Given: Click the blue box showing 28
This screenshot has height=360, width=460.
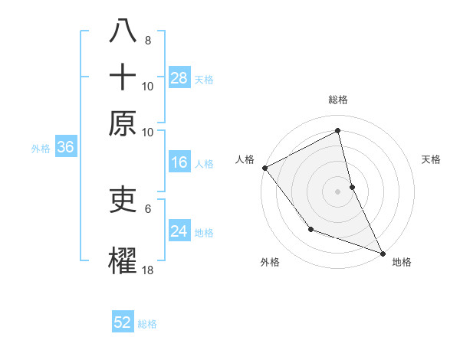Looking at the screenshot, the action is pyautogui.click(x=179, y=77).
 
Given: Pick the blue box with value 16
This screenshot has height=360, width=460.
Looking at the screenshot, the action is pyautogui.click(x=179, y=162).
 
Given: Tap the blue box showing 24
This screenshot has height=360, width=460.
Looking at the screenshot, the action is pyautogui.click(x=179, y=231).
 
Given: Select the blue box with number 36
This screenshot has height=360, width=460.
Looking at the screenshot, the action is pyautogui.click(x=65, y=148).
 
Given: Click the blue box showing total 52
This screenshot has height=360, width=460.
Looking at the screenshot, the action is pyautogui.click(x=123, y=322).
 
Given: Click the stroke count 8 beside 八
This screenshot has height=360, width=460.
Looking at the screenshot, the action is pyautogui.click(x=147, y=41).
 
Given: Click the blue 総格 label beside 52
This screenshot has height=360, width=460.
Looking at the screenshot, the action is pyautogui.click(x=148, y=324).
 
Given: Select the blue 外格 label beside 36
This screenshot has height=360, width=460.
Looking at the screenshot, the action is pyautogui.click(x=40, y=149).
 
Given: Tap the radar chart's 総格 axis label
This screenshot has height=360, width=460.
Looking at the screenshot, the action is pyautogui.click(x=338, y=100).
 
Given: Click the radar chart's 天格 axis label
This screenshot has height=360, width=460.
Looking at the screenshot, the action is pyautogui.click(x=432, y=159).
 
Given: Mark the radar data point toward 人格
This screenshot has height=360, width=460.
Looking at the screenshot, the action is pyautogui.click(x=264, y=168).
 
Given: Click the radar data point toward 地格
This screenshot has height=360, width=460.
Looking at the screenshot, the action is pyautogui.click(x=383, y=253).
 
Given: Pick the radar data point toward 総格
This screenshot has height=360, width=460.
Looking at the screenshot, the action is pyautogui.click(x=338, y=130).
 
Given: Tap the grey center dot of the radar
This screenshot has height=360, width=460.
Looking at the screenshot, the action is pyautogui.click(x=338, y=191).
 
